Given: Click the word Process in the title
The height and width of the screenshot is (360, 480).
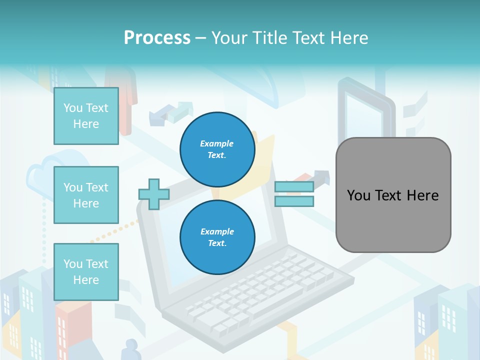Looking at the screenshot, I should [157, 38].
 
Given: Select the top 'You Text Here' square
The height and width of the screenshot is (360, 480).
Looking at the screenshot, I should [86, 116].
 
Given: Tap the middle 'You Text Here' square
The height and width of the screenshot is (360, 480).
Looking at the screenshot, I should [86, 195].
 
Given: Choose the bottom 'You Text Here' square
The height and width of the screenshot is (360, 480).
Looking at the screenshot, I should [86, 272].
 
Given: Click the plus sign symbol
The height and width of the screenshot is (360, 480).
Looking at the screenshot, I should [154, 194].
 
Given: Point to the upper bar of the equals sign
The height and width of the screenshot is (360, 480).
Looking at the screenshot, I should [294, 187].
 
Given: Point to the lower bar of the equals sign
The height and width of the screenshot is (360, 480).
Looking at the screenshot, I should [294, 201].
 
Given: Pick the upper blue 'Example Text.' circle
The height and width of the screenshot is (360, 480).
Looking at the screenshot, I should [217, 149].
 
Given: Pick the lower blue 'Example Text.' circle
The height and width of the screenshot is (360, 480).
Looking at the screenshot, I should [217, 237].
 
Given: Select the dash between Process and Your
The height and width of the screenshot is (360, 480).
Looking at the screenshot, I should [200, 38].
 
